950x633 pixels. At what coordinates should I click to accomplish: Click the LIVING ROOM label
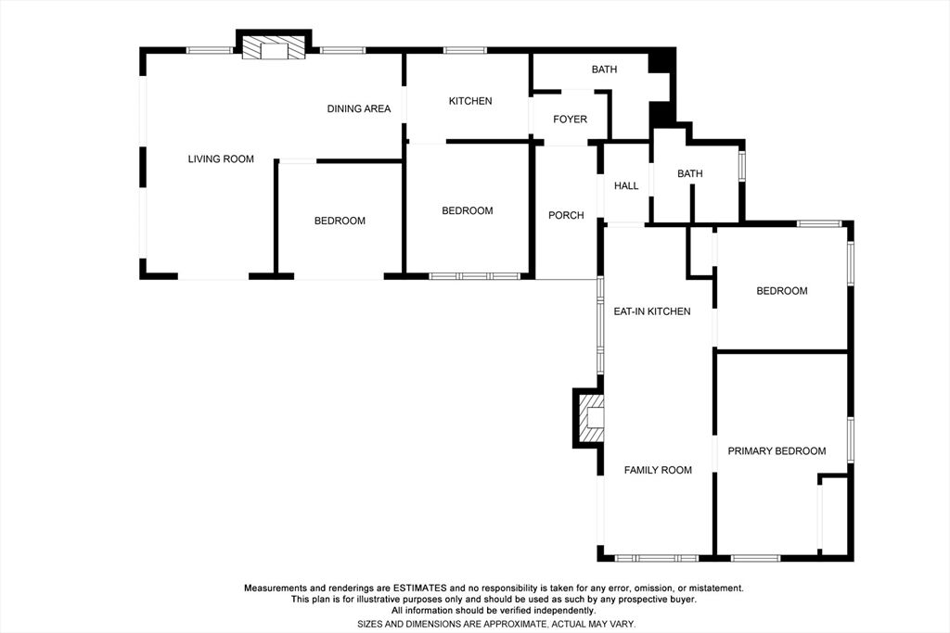coord(221,159)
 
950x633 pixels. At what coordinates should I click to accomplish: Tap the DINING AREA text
coord(359,109)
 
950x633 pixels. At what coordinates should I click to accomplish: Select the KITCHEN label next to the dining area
coord(470,101)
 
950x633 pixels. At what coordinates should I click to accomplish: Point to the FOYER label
coord(570,120)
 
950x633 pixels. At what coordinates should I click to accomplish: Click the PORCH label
coord(566,215)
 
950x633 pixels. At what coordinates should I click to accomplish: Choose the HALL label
coord(626,185)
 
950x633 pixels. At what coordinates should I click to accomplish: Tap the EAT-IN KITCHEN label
coord(652,311)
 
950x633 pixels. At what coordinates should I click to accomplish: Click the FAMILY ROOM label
coord(658,470)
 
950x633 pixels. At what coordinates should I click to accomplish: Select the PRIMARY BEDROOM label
coord(777,450)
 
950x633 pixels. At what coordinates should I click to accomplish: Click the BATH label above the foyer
coord(604,70)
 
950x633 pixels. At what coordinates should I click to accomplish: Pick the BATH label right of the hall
coord(689,173)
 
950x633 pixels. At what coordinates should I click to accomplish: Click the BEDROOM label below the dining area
coord(340,221)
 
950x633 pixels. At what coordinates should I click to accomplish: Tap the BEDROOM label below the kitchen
coord(468,210)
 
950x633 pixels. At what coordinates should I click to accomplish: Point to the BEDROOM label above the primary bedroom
coord(781,291)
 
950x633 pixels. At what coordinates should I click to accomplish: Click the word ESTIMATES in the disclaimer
coord(420,588)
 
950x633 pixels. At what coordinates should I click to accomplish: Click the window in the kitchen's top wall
coord(465,50)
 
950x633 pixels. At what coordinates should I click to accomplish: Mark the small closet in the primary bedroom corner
coord(834,514)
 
